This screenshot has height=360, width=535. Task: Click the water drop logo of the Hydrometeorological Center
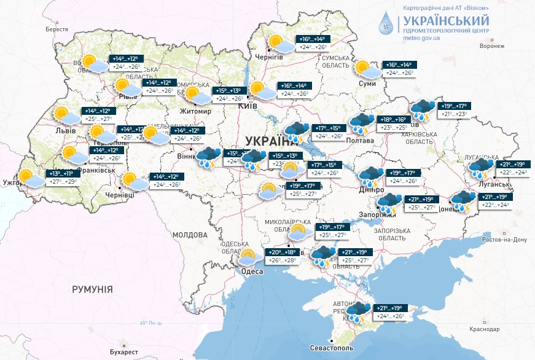pyautogui.click(x=386, y=24)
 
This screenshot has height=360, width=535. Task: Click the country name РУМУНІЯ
pyautogui.click(x=92, y=289)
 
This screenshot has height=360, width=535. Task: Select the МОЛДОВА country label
pyautogui.click(x=190, y=235)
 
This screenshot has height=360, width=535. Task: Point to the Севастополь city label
pyautogui.click(x=332, y=348)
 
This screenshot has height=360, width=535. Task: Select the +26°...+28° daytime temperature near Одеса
pyautogui.click(x=281, y=260)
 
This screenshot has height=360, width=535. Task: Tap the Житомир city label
pyautogui.click(x=195, y=112)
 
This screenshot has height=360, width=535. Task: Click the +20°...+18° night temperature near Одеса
pyautogui.click(x=281, y=252)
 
